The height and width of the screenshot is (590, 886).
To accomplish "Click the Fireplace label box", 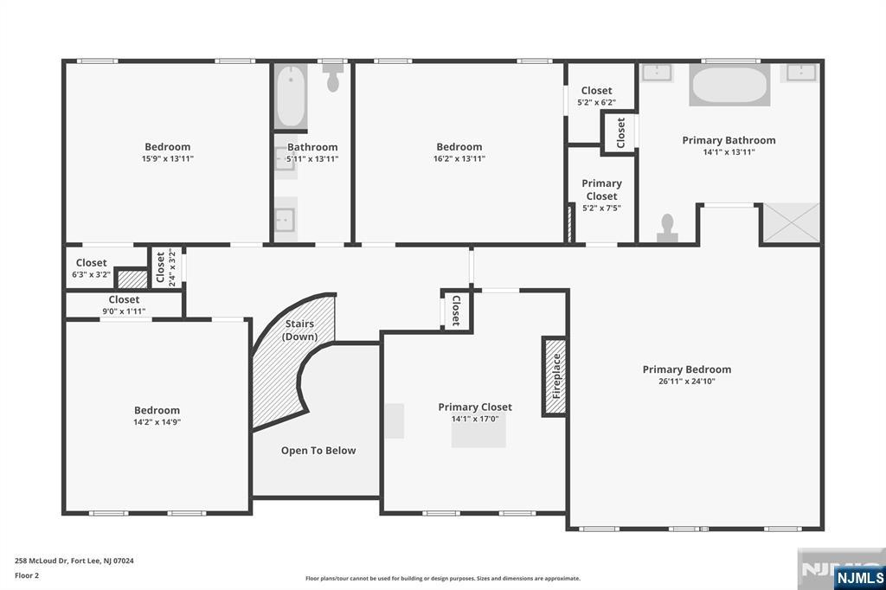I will click(x=554, y=376).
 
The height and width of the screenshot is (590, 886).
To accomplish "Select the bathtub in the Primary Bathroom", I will click(x=729, y=87).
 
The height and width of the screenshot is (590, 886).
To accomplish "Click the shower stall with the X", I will click(x=789, y=224).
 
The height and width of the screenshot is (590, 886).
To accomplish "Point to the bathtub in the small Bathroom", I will click(x=291, y=97).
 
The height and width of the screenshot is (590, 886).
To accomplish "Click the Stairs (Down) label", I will click(x=300, y=330).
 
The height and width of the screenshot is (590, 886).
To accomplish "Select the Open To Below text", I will click(x=318, y=450).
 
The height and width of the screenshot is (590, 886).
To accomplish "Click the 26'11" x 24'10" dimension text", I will click(x=686, y=381).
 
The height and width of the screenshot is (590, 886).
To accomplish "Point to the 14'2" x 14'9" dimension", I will click(x=157, y=422).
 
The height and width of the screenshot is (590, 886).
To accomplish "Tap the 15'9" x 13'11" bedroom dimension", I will click(x=167, y=158).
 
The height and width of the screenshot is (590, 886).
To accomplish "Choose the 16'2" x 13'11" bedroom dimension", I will click(x=459, y=158).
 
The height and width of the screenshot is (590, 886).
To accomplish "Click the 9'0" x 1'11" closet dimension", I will click(x=124, y=311).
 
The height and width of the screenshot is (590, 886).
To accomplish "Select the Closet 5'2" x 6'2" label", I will click(x=596, y=95).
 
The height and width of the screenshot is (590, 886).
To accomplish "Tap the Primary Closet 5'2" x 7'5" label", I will click(x=601, y=195).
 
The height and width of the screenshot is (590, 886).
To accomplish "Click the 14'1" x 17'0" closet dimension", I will click(x=474, y=419).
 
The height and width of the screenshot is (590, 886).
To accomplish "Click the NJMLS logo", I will click(x=859, y=577).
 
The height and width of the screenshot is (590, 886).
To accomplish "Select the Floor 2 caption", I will click(x=26, y=574).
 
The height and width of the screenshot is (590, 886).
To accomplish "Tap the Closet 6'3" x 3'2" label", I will click(x=91, y=268).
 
